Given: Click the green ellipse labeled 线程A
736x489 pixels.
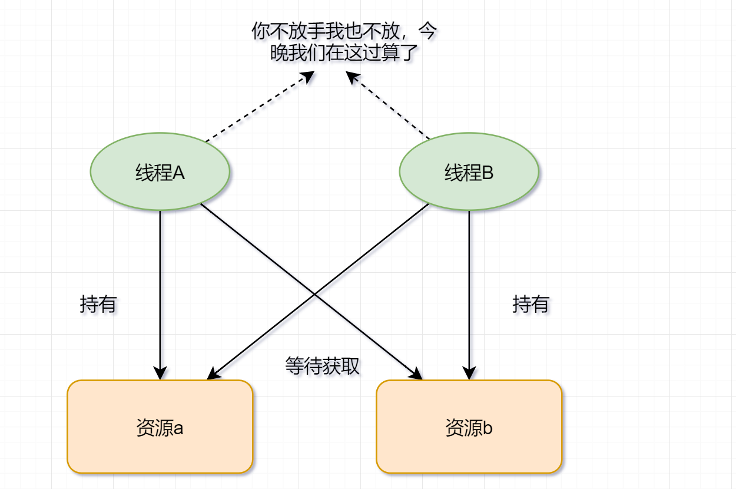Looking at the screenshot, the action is pyautogui.click(x=160, y=171).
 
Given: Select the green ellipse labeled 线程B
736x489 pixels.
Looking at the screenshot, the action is pyautogui.click(x=469, y=171).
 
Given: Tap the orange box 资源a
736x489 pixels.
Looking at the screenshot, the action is pyautogui.click(x=160, y=427).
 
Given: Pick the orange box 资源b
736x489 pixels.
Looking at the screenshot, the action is pyautogui.click(x=469, y=427).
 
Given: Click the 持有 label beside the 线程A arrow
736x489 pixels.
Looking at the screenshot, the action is pyautogui.click(x=98, y=304).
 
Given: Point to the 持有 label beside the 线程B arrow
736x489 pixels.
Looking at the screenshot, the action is pyautogui.click(x=531, y=304).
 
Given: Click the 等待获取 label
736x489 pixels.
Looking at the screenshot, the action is pyautogui.click(x=322, y=366).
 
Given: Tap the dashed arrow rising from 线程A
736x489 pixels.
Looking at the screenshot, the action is pyautogui.click(x=260, y=106).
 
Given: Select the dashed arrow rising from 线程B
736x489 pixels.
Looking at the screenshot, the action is pyautogui.click(x=387, y=105).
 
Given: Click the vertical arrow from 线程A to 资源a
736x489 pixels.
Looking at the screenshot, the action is pyautogui.click(x=160, y=295).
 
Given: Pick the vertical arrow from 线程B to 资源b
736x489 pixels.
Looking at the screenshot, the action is pyautogui.click(x=469, y=295).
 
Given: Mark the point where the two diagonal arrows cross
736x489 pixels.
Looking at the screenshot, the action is pyautogui.click(x=314, y=295).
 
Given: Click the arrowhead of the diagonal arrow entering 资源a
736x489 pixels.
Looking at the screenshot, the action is pyautogui.click(x=214, y=374).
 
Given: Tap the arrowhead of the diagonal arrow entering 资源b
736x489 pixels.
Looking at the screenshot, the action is pyautogui.click(x=416, y=374).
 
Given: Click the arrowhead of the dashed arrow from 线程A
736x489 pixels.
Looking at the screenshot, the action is pyautogui.click(x=308, y=77).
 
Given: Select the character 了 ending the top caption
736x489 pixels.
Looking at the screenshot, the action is pyautogui.click(x=409, y=52).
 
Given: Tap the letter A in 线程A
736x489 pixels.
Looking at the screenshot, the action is pyautogui.click(x=178, y=173).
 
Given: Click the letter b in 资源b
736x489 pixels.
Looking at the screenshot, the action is pyautogui.click(x=488, y=428).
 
